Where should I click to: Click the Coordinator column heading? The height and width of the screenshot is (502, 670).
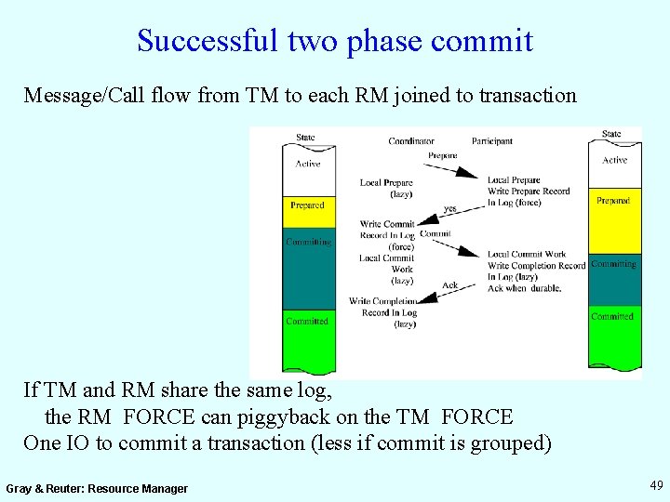(411, 141)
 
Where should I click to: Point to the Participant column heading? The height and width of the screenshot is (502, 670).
(491, 141)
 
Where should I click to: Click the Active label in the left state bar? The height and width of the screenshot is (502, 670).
(307, 164)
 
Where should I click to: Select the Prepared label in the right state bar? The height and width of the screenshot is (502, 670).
(613, 201)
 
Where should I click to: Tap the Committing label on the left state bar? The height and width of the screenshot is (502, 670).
(308, 242)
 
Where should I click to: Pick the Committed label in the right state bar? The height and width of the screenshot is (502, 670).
(612, 317)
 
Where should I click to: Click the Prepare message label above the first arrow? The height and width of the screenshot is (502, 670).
(442, 155)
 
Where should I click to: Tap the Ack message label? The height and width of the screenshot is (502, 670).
(449, 285)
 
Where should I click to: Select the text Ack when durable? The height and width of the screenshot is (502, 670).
(523, 288)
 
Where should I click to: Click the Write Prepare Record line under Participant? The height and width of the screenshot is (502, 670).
(529, 192)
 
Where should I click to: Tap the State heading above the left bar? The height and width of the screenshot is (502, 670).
(305, 138)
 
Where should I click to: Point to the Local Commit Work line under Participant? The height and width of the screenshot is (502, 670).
(527, 254)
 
